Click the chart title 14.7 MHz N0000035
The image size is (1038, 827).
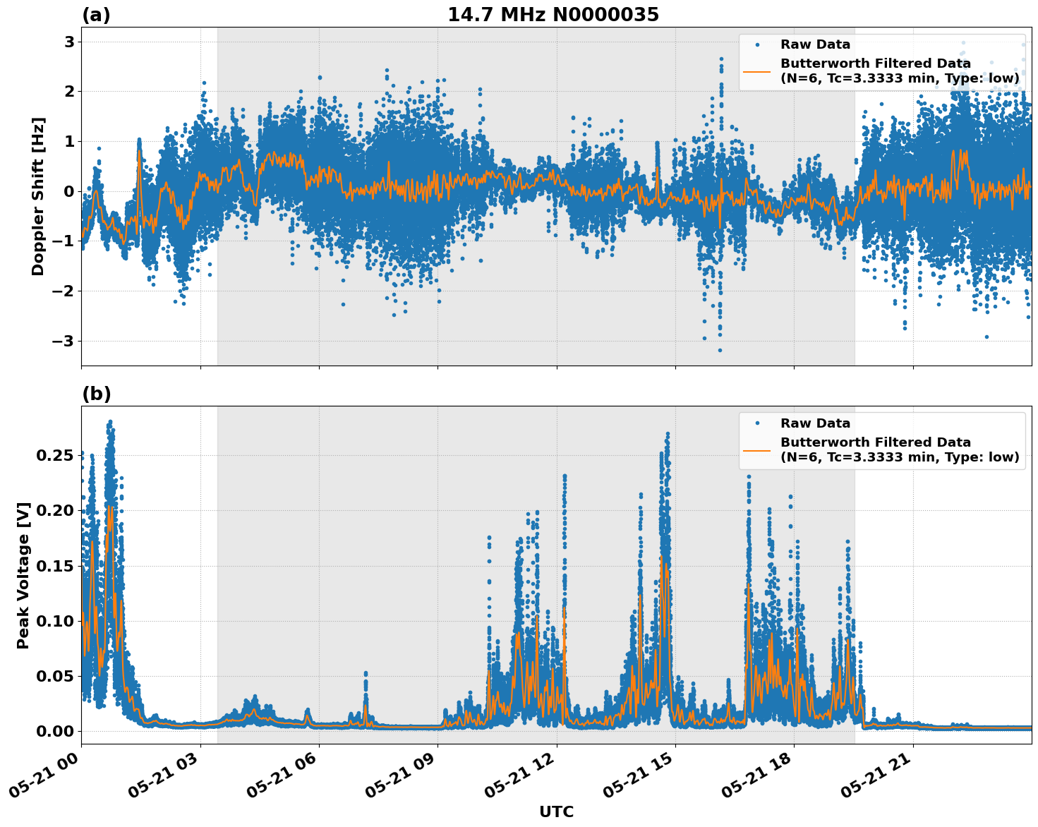pos(553,15)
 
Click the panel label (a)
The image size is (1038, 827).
pos(96,15)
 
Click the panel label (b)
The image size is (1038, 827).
pos(96,394)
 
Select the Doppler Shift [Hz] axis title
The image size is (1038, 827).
pos(38,196)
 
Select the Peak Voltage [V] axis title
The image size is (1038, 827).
pos(23,575)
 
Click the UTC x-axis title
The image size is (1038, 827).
pos(556,811)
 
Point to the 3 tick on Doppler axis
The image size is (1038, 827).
pos(69,42)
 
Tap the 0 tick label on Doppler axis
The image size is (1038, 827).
pos(69,191)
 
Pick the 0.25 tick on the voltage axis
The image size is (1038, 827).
pos(55,456)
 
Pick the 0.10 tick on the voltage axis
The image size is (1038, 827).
pos(55,621)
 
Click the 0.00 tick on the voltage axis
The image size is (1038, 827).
pos(55,731)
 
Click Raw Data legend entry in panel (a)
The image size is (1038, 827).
pos(815,44)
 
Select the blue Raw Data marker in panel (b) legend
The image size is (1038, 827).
pos(757,423)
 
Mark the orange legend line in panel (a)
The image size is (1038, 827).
pos(757,71)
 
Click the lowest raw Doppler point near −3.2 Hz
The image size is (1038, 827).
pos(720,350)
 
